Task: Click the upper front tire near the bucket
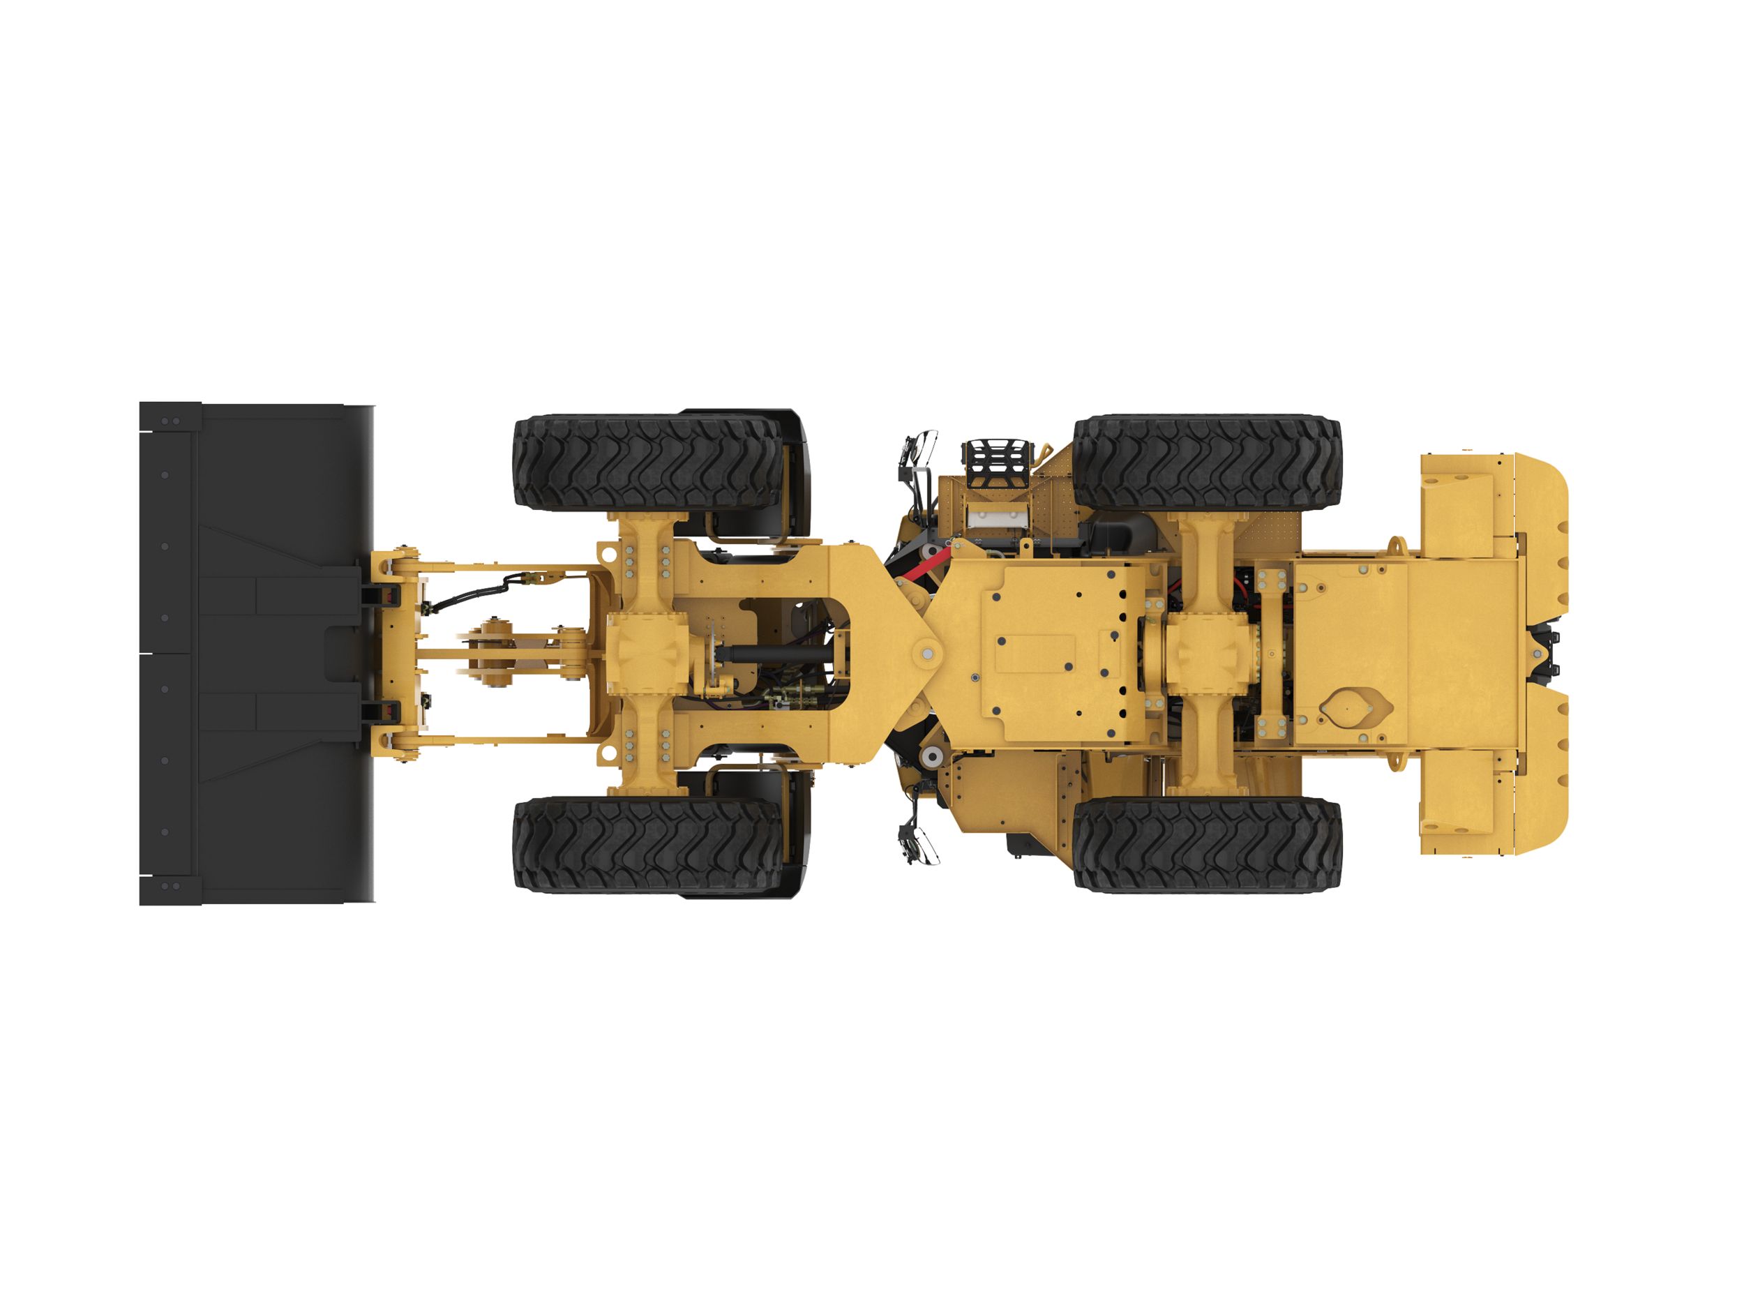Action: pyautogui.click(x=647, y=462)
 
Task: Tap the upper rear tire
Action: pyautogui.click(x=1206, y=462)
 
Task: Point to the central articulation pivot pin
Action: pyautogui.click(x=927, y=653)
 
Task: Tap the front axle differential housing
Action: pyautogui.click(x=646, y=654)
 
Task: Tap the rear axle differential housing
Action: pyautogui.click(x=1206, y=654)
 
